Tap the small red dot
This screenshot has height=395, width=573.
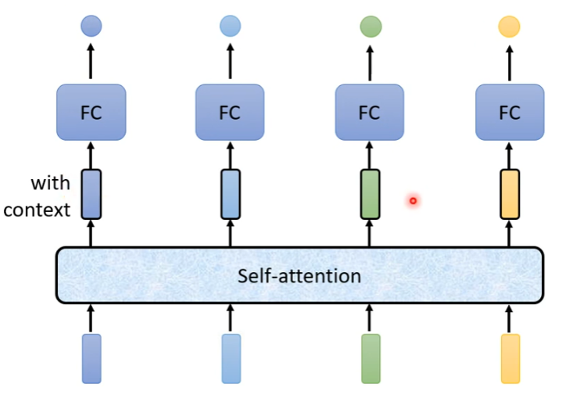tap(413, 202)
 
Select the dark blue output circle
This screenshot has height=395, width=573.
tap(91, 27)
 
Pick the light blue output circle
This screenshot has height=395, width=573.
tap(230, 27)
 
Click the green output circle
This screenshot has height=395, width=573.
tap(370, 27)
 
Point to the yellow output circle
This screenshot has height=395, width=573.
tap(509, 27)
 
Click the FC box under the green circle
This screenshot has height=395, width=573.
tap(369, 112)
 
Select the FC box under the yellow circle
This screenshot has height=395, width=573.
tap(509, 112)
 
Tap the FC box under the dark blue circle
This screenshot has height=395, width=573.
tap(91, 112)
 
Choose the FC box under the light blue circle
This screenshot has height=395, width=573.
tap(230, 112)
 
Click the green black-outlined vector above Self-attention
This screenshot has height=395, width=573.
tap(370, 194)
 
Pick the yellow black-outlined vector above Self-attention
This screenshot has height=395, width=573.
tap(510, 194)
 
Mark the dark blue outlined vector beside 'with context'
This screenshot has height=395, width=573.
tap(91, 194)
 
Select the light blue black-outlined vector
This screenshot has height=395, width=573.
tap(231, 194)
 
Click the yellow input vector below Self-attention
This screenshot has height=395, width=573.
tap(510, 358)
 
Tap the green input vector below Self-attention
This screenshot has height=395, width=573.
tap(371, 358)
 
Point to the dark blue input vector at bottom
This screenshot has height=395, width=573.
tap(91, 358)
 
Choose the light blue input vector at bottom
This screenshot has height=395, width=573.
tap(231, 358)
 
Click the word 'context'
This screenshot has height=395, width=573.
tap(37, 210)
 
